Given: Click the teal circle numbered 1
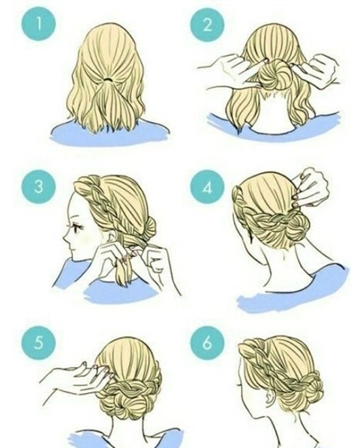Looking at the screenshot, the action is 38,24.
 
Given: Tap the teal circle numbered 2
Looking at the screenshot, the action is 207,25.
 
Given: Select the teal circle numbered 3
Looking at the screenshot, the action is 38,187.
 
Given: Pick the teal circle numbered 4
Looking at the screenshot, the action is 207,187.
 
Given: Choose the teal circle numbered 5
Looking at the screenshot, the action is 38,343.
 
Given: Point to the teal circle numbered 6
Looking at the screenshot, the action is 207,342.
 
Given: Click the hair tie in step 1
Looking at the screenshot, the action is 108,79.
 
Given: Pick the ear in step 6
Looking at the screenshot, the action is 268,398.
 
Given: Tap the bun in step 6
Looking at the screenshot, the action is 309,389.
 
